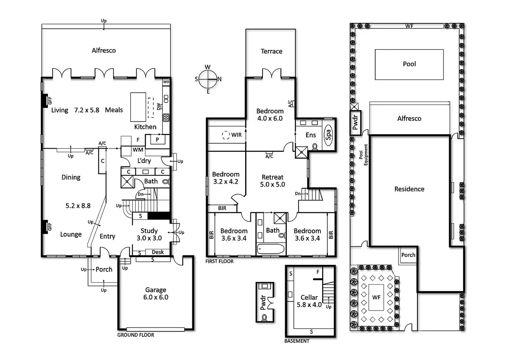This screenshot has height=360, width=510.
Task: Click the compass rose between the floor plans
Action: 208,79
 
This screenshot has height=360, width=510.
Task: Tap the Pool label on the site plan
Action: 409,64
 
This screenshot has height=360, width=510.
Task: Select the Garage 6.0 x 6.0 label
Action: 156,294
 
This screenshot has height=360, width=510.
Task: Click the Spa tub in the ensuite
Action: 328,133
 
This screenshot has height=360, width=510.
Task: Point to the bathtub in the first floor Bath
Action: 271,249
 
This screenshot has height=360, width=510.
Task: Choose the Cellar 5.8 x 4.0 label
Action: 309,301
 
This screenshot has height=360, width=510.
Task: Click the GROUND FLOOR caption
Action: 135,335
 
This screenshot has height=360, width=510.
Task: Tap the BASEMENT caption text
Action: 297,341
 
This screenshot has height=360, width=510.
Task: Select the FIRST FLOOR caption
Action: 219,261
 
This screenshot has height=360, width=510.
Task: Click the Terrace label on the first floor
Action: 271,52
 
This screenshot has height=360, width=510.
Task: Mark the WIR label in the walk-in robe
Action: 236,135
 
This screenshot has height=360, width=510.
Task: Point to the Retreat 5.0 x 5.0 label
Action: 273,181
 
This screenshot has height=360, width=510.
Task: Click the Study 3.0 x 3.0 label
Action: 149,234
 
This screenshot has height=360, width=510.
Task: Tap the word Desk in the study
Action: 158,252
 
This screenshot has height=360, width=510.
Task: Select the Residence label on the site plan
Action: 409,189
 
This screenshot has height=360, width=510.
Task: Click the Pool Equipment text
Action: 363,155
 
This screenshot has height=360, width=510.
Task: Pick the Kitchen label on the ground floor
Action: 145,127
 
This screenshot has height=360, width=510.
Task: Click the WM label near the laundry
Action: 138,150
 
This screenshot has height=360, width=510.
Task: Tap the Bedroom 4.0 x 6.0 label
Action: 270,115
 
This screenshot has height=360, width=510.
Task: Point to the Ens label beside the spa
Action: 310,135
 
